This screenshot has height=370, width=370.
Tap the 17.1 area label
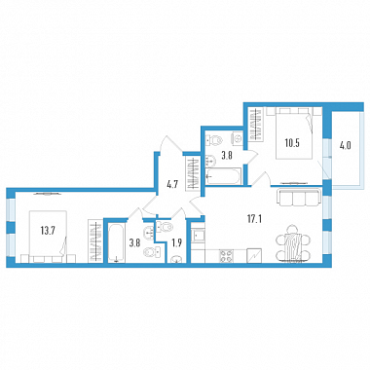click(254, 219)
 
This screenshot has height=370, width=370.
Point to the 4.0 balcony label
click(346, 146)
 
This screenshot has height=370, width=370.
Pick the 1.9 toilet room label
click(176, 243)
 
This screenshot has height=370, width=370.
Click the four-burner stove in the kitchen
click(227, 255)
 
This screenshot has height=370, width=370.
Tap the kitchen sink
click(198, 234)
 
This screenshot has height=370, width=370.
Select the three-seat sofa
click(298, 198)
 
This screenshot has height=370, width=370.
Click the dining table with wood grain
click(293, 244)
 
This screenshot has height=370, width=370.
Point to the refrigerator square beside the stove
click(253, 255)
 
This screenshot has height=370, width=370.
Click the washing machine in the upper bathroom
click(237, 138)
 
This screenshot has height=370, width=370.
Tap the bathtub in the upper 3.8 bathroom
click(224, 176)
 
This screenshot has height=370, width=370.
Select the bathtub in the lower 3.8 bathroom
click(115, 241)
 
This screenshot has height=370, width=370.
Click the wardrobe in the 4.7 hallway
click(193, 173)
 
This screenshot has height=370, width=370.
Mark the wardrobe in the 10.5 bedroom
click(256, 125)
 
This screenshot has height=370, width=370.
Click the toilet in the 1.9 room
click(165, 227)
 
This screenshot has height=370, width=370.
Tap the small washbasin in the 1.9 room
click(176, 260)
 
